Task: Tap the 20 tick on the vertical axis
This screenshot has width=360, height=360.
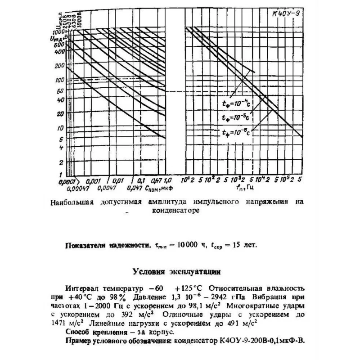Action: pyautogui.click(x=60, y=113)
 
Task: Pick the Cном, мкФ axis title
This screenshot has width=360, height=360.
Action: pyautogui.click(x=159, y=188)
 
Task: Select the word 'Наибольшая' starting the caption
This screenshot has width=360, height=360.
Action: pyautogui.click(x=72, y=202)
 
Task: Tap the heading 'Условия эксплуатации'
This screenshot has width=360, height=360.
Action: pyautogui.click(x=177, y=271)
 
